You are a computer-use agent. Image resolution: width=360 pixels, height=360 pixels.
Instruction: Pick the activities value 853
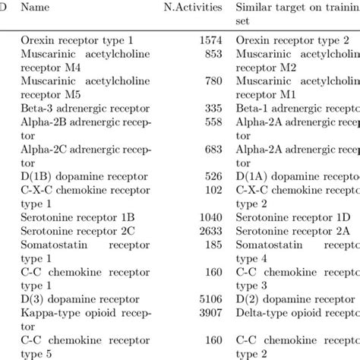click(211, 54)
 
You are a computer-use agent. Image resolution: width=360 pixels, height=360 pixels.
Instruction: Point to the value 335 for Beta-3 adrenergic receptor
click(211, 109)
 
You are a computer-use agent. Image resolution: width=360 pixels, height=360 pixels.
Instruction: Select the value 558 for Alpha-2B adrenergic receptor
click(211, 123)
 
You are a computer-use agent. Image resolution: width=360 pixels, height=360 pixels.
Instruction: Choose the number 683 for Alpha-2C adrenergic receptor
click(211, 150)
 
